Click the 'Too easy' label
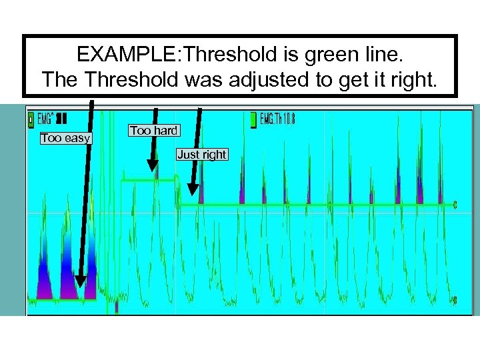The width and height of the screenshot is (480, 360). (x=66, y=138)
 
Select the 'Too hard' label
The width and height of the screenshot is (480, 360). (x=153, y=131)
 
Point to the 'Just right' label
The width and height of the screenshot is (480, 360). (x=201, y=155)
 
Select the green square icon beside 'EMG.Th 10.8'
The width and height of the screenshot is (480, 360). (x=253, y=120)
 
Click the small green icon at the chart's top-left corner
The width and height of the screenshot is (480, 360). (x=31, y=120)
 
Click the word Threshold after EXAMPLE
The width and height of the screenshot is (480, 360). (x=211, y=53)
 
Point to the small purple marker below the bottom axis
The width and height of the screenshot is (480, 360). (x=117, y=307)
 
